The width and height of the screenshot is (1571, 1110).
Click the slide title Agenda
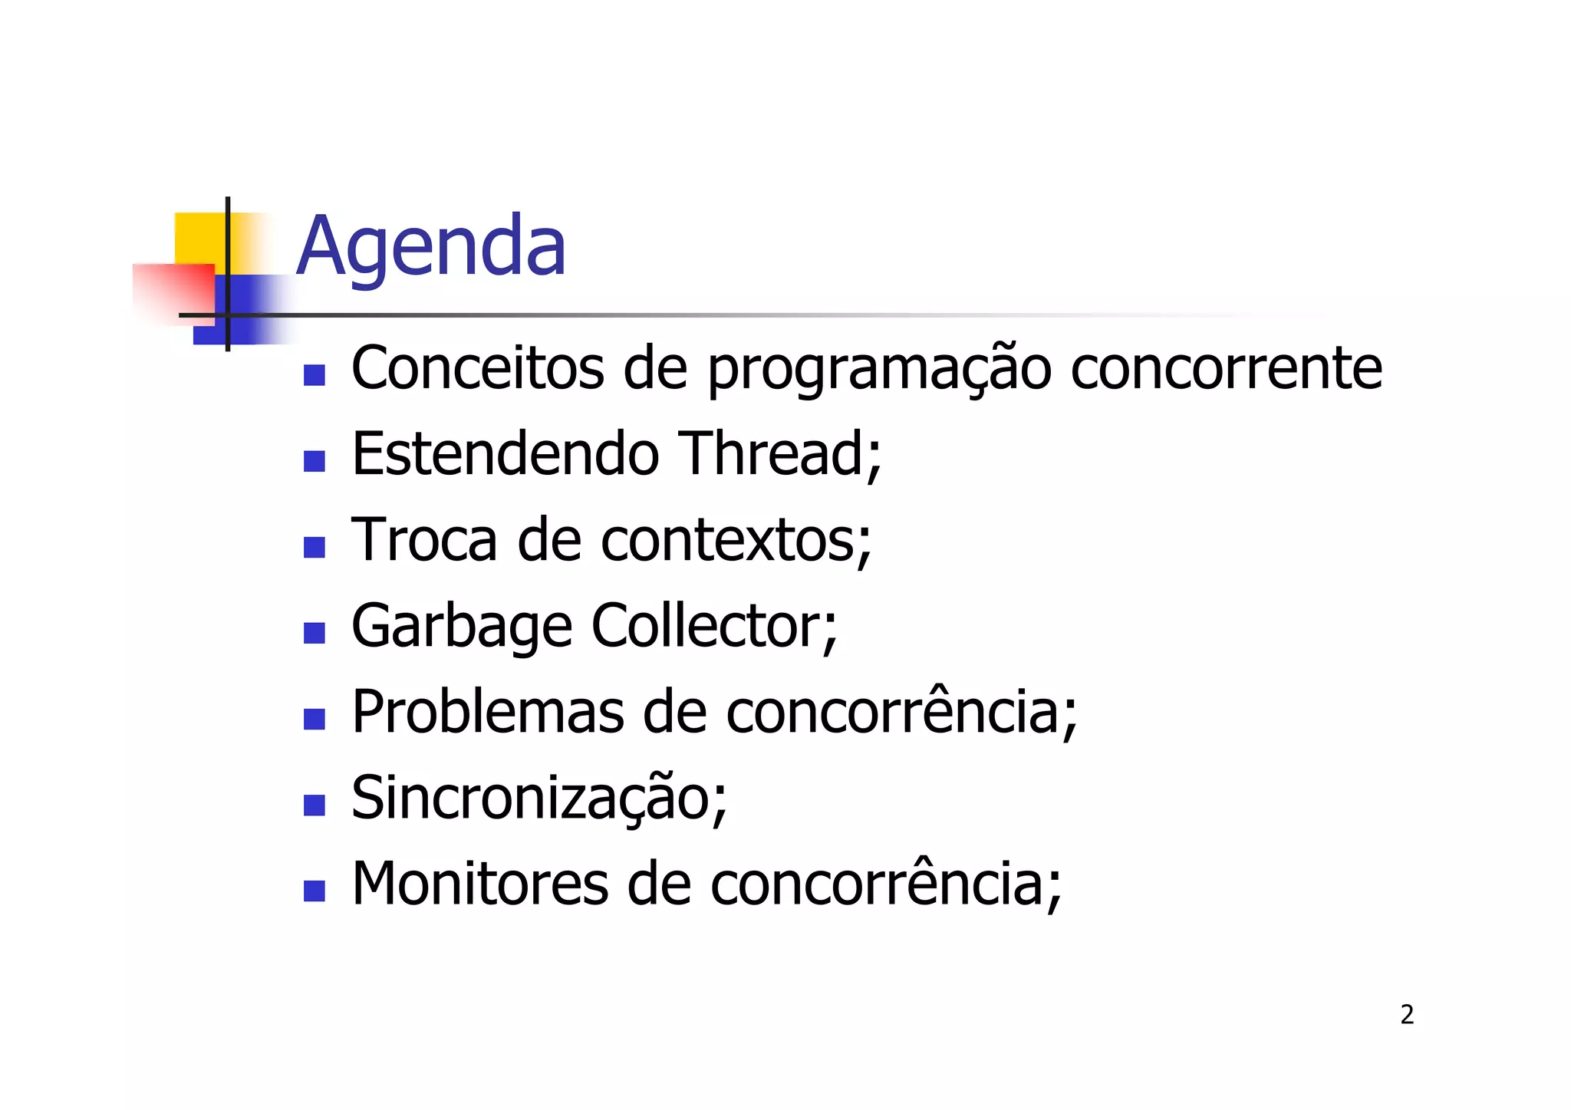[x=430, y=247]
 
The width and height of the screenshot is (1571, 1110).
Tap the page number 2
[x=1407, y=1015]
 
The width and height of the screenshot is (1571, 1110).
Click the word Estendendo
[x=505, y=454]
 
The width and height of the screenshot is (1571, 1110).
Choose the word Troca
[x=424, y=540]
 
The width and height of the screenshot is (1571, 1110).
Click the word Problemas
[x=488, y=712]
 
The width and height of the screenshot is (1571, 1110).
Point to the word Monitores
[x=479, y=884]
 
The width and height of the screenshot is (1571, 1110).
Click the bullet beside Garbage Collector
[x=315, y=633]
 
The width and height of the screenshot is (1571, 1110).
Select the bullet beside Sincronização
[x=315, y=805]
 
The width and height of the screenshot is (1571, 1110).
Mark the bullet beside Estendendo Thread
[x=315, y=461]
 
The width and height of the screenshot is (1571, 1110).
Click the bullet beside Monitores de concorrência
[x=315, y=891]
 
